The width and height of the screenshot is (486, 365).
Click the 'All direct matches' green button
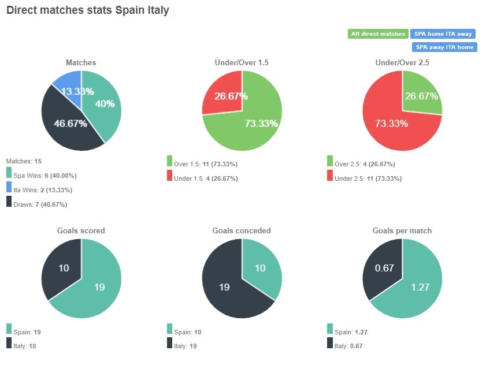click(378, 34)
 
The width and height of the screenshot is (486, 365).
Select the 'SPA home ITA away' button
click(443, 34)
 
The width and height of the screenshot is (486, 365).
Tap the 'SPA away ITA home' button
click(444, 47)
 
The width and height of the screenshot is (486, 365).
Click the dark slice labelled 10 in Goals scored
click(62, 269)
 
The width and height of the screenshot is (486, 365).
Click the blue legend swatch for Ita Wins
click(9, 187)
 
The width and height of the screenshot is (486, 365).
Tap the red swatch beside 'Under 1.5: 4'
click(169, 176)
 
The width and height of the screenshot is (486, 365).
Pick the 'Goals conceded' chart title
click(242, 230)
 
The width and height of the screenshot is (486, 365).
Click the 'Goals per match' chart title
click(402, 230)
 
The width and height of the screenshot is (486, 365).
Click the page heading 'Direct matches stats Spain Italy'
click(87, 10)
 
